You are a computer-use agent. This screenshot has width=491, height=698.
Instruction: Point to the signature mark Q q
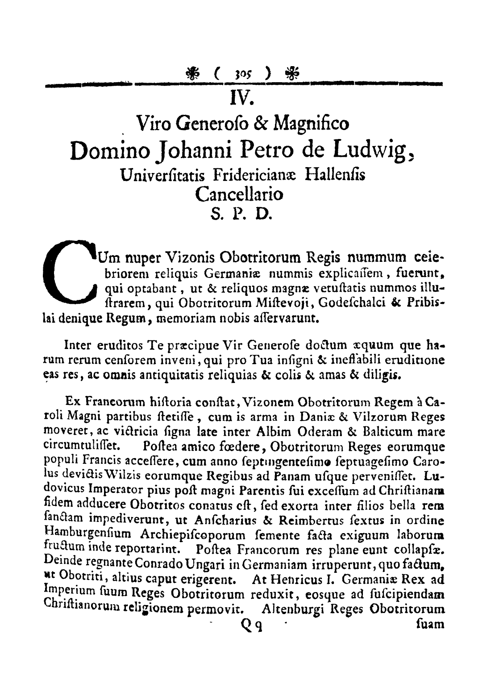click(x=251, y=625)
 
